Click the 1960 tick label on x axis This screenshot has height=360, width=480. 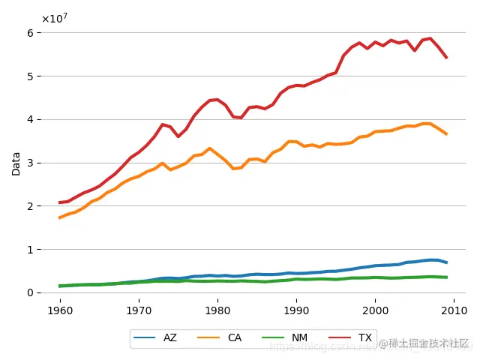tap(60, 308)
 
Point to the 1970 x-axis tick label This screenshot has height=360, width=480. tap(139, 308)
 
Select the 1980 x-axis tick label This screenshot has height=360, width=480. tap(217, 308)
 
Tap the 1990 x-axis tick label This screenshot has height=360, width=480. tap(297, 308)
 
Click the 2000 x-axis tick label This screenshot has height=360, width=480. tap(376, 308)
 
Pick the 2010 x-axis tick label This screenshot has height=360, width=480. tap(454, 308)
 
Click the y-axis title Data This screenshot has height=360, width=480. tap(16, 163)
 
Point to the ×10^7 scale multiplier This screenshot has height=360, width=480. tap(54, 18)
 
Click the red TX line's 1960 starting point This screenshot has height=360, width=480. tap(60, 202)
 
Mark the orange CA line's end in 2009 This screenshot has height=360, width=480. tap(447, 134)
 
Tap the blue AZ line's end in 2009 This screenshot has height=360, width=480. tap(447, 262)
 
